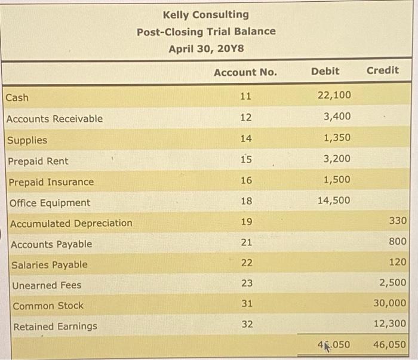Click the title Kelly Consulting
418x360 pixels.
tap(206, 14)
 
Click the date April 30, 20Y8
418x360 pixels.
tap(206, 48)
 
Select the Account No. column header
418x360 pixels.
tap(245, 72)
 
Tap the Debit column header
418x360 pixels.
tap(325, 71)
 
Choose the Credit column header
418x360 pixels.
tap(382, 70)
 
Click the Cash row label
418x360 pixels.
tap(17, 97)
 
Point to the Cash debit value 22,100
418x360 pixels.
tap(334, 95)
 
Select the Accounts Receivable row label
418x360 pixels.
tap(54, 119)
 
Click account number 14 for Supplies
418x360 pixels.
tap(245, 139)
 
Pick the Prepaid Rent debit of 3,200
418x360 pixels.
tap(337, 159)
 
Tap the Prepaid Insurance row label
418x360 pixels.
tap(51, 182)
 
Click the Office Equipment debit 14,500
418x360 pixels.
tap(334, 201)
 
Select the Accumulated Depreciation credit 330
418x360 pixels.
tap(397, 221)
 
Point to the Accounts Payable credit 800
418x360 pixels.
tap(397, 242)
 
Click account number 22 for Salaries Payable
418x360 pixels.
tap(245, 263)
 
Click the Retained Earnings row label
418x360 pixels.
tap(55, 327)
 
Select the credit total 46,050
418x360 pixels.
tap(389, 344)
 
